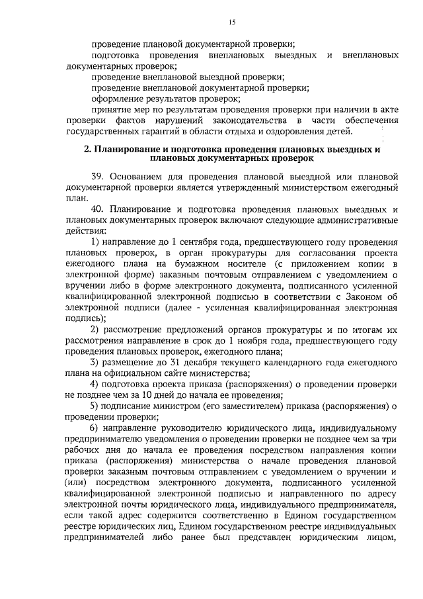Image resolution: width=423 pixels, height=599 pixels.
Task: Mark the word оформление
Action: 118,98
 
